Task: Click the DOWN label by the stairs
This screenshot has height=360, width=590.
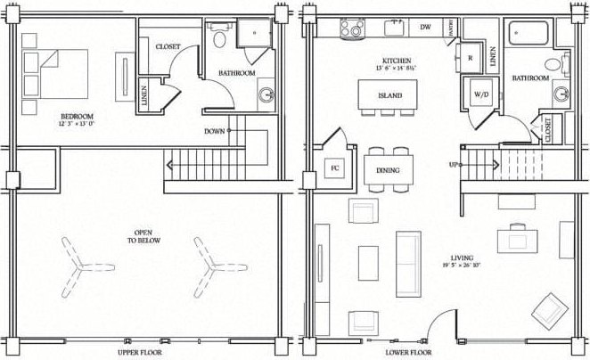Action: (x=214, y=131)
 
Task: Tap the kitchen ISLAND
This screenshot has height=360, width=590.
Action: (x=389, y=95)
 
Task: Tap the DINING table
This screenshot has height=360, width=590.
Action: (x=389, y=170)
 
